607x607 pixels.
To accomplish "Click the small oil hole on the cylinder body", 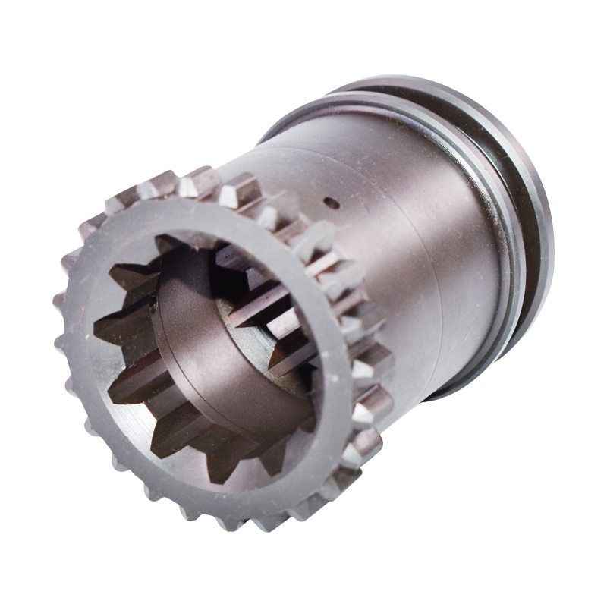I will coord(329,203).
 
